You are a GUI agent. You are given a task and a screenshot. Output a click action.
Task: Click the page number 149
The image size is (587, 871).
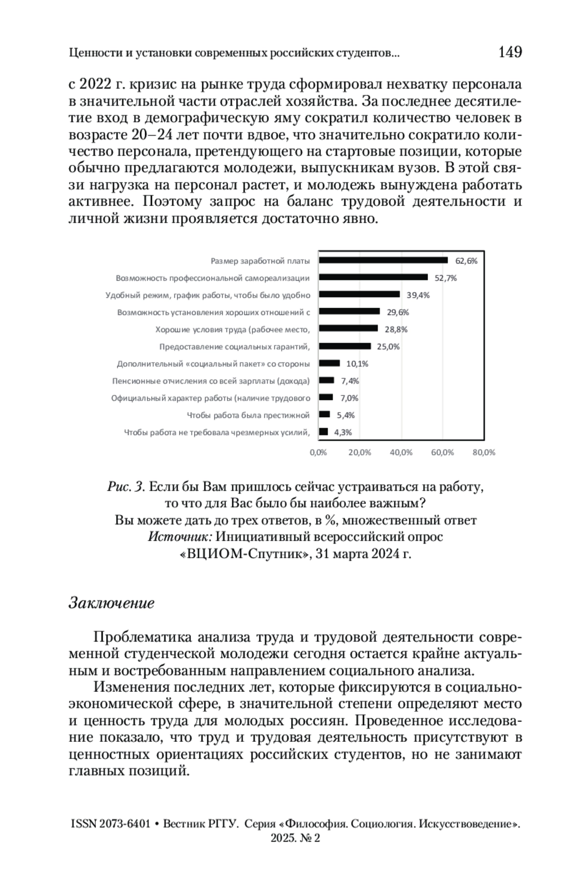click(510, 52)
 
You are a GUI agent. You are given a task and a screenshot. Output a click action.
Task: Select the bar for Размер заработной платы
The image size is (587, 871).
click(383, 260)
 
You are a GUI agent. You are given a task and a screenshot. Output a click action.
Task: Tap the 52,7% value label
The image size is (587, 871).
click(446, 278)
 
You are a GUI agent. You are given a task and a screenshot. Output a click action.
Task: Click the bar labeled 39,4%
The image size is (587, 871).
click(360, 295)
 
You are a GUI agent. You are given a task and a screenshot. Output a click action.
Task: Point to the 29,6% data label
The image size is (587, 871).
click(398, 312)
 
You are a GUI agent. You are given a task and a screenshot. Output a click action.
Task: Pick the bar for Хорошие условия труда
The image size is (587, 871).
click(348, 329)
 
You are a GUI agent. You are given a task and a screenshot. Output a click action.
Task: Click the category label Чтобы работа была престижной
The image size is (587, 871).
click(248, 415)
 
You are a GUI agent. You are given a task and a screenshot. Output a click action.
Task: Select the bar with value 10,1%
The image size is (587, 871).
click(329, 363)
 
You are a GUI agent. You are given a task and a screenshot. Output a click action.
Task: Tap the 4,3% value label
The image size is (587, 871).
click(343, 432)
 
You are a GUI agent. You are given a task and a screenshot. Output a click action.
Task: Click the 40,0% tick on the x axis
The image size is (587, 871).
click(401, 453)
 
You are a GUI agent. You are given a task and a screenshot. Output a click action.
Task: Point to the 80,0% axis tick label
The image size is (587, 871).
click(484, 453)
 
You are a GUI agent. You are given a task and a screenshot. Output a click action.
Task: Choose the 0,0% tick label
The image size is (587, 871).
click(318, 453)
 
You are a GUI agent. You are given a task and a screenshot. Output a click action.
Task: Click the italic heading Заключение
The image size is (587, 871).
click(112, 603)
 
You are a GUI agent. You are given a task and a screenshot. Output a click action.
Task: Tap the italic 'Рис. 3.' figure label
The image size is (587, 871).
click(126, 487)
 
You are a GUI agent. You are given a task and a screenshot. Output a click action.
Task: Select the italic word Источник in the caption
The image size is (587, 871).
click(180, 537)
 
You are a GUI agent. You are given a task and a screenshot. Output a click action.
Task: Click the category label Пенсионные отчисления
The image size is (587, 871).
click(211, 381)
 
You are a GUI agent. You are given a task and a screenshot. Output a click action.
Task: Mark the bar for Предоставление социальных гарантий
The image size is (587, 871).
click(345, 346)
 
